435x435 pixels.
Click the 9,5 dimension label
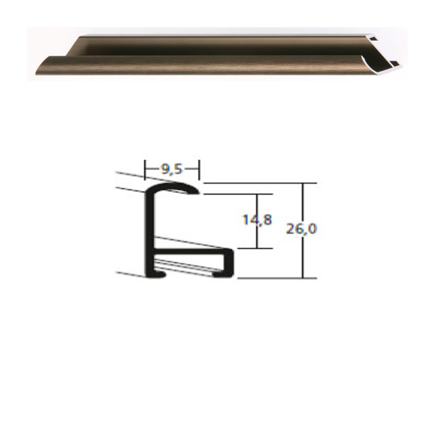172,170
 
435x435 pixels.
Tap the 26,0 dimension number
301,229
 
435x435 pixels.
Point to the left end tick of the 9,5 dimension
145,170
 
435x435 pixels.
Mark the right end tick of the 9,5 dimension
200,170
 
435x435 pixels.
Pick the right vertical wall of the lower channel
230,263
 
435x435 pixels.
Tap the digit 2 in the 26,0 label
290,229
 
